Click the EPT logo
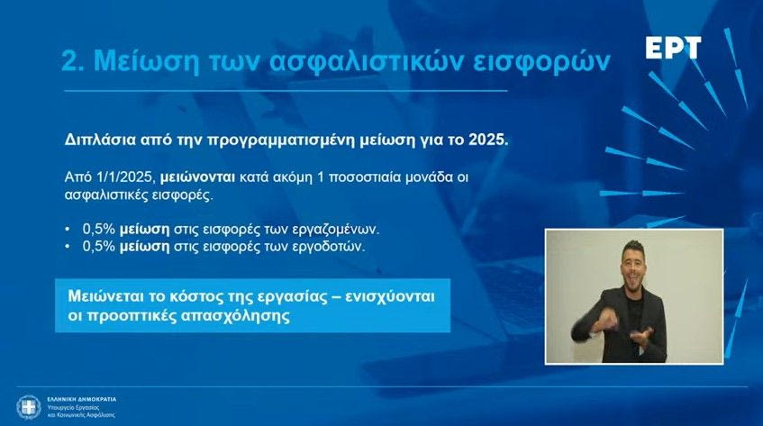[674, 48]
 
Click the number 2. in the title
[73, 61]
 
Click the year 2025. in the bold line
[488, 140]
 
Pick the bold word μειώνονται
[197, 177]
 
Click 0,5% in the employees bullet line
[99, 229]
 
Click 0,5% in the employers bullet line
[99, 246]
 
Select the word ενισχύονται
[390, 295]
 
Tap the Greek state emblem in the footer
[29, 407]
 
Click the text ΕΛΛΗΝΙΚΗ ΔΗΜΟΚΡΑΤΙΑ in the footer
[82, 399]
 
